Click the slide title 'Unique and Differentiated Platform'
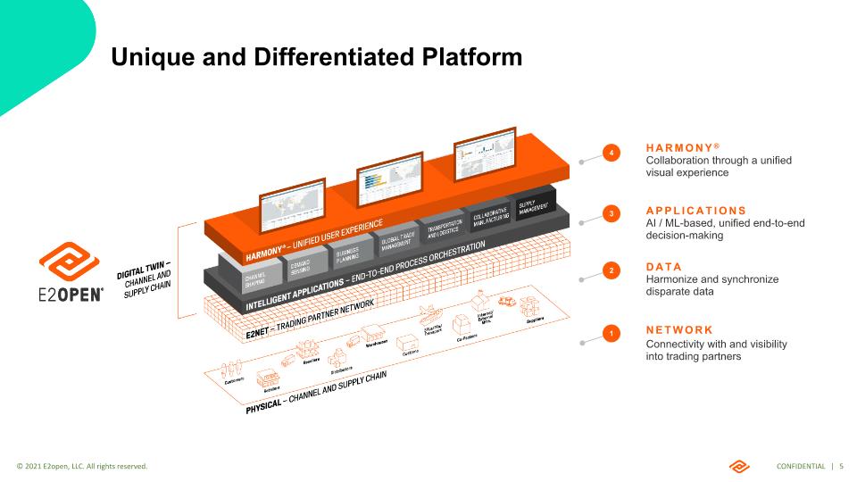click(x=316, y=57)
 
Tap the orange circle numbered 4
click(x=611, y=154)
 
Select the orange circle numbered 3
click(x=611, y=214)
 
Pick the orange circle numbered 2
click(x=611, y=270)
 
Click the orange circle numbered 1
click(x=611, y=334)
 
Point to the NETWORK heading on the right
click(x=679, y=329)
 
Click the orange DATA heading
click(x=663, y=266)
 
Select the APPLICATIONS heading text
click(x=695, y=210)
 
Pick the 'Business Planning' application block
click(x=348, y=256)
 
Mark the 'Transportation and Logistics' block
click(x=444, y=228)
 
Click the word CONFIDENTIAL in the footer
click(x=801, y=467)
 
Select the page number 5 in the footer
click(x=842, y=467)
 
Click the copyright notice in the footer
click(x=82, y=467)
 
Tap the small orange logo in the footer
click(x=740, y=466)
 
